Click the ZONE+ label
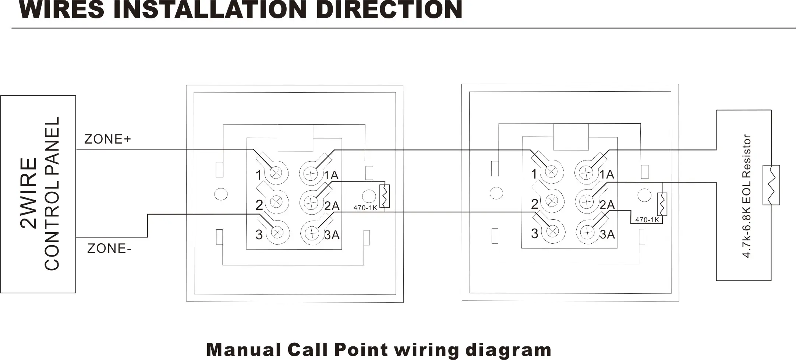pos(107,139)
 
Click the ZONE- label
pos(109,249)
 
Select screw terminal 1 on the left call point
pos(276,172)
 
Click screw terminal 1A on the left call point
pos(311,173)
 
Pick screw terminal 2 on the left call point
pos(276,201)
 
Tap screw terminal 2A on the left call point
pos(311,202)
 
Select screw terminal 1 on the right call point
pos(551,171)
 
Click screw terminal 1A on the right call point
pos(586,172)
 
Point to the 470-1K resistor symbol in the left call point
pos(384,195)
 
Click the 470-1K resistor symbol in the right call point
pos(662,204)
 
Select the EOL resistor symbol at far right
pos(771,185)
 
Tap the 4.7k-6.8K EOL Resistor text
pos(747,196)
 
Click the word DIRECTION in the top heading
pos(389,10)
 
